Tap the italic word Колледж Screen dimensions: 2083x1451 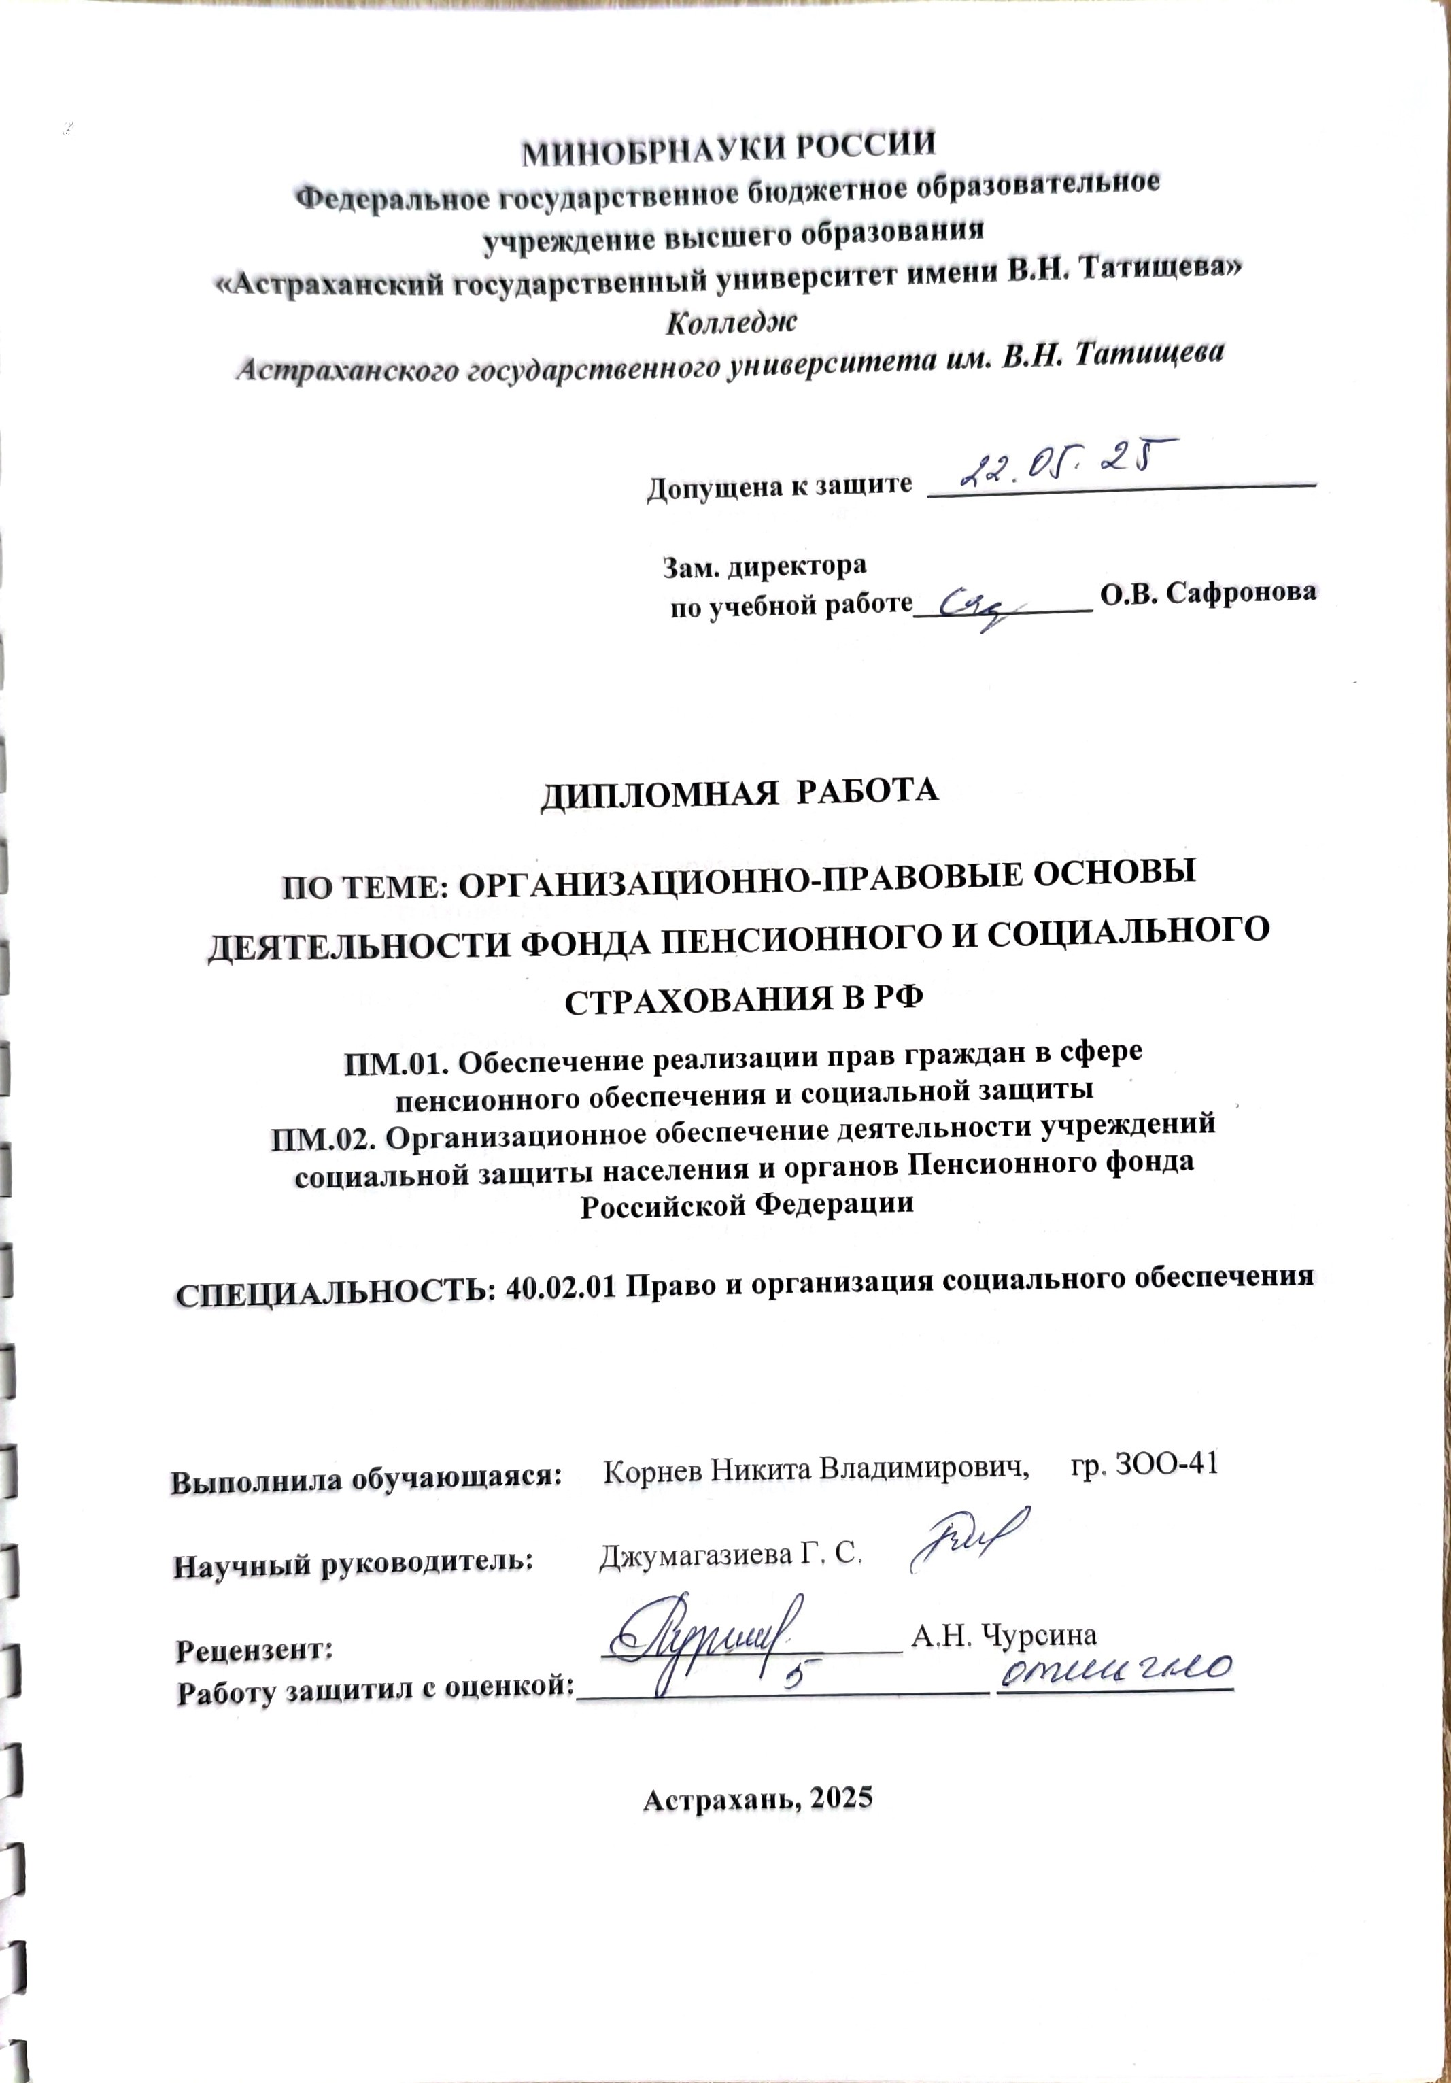731,320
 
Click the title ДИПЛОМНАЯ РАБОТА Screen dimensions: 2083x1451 739,791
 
